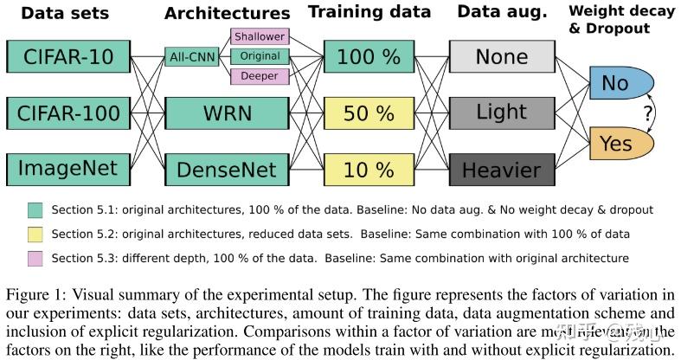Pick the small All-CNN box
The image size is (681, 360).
tap(191, 57)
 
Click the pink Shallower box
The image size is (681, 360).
tap(260, 37)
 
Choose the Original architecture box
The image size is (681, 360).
tap(260, 56)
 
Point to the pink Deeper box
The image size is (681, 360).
tap(260, 76)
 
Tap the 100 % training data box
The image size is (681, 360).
tap(369, 56)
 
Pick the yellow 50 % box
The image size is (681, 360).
tap(369, 112)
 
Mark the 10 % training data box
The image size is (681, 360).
tap(369, 168)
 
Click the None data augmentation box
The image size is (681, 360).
tap(501, 56)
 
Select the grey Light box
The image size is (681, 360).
tap(501, 112)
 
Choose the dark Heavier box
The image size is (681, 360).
tap(501, 168)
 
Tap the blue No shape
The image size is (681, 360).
tap(617, 84)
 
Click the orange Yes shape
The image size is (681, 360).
tap(617, 141)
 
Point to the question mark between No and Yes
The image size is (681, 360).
tap(646, 112)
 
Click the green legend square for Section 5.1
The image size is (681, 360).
tap(35, 210)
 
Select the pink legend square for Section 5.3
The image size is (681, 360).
tap(35, 258)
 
